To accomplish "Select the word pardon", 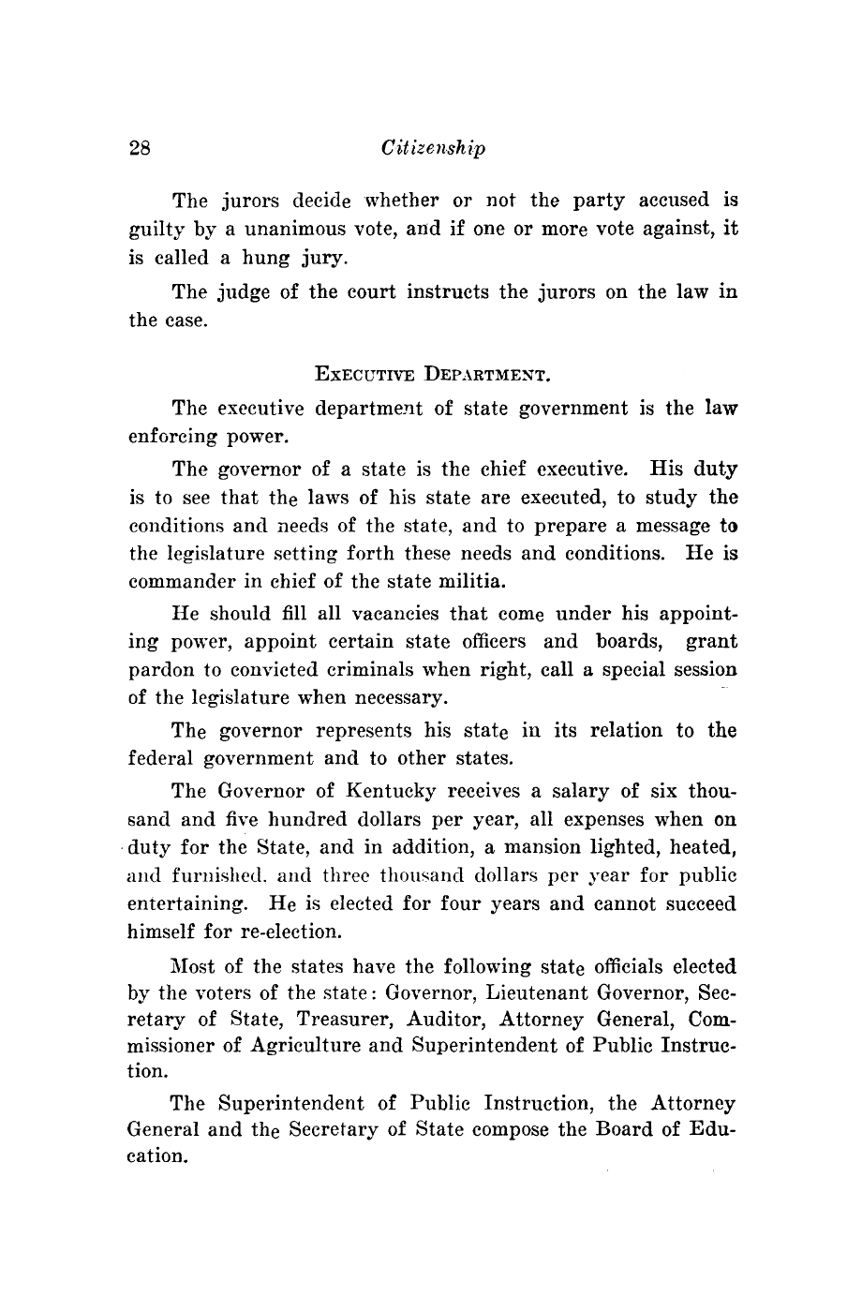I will click(157, 671).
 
